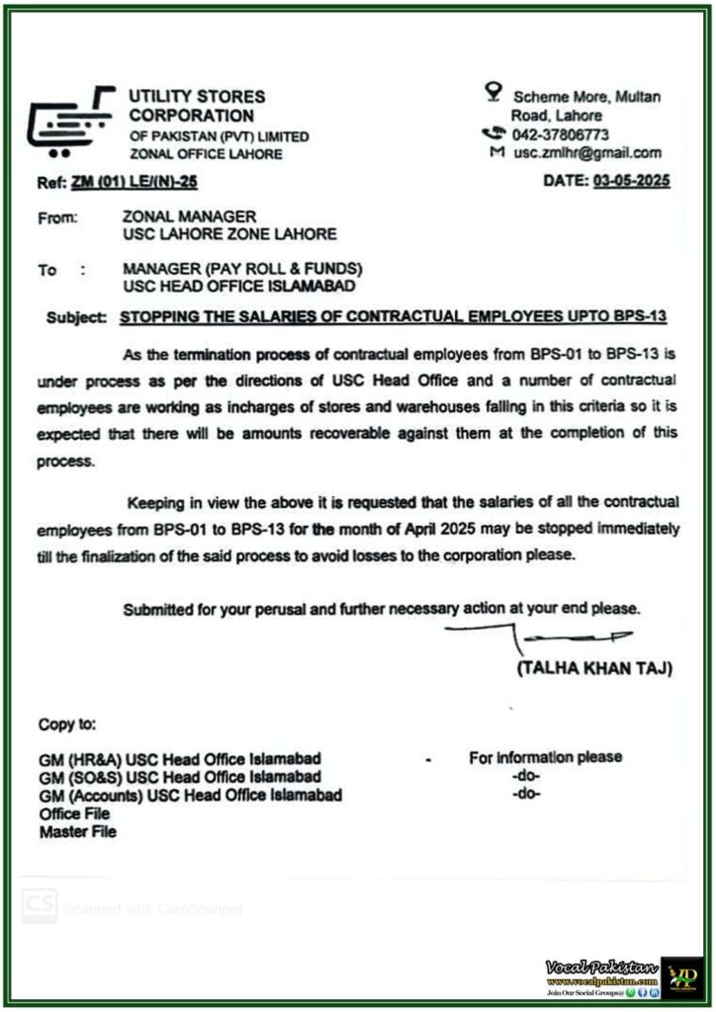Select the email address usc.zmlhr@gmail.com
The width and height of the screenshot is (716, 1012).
tap(587, 153)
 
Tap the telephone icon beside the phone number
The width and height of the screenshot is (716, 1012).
tap(492, 133)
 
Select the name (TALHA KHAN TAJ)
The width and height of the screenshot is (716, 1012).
tap(595, 669)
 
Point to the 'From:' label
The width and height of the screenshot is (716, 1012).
tap(58, 217)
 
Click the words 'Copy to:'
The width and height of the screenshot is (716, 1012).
tap(67, 724)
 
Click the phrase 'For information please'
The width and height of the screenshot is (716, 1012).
tap(545, 757)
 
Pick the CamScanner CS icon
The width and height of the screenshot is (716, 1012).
tap(40, 905)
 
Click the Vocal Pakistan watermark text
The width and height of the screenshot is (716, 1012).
tap(601, 966)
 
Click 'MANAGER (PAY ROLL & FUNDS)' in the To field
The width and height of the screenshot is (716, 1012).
tap(242, 269)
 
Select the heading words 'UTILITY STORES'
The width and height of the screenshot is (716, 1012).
tap(197, 97)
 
